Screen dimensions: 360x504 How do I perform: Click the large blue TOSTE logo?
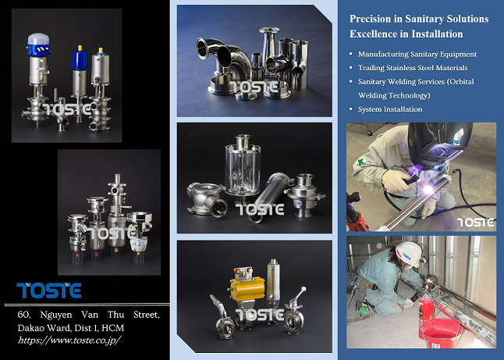tap(49, 290)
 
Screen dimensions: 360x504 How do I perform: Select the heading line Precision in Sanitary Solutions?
tap(419, 18)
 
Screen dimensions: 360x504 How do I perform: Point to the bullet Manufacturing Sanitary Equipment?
tap(417, 54)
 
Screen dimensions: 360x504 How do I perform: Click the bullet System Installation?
tap(390, 109)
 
